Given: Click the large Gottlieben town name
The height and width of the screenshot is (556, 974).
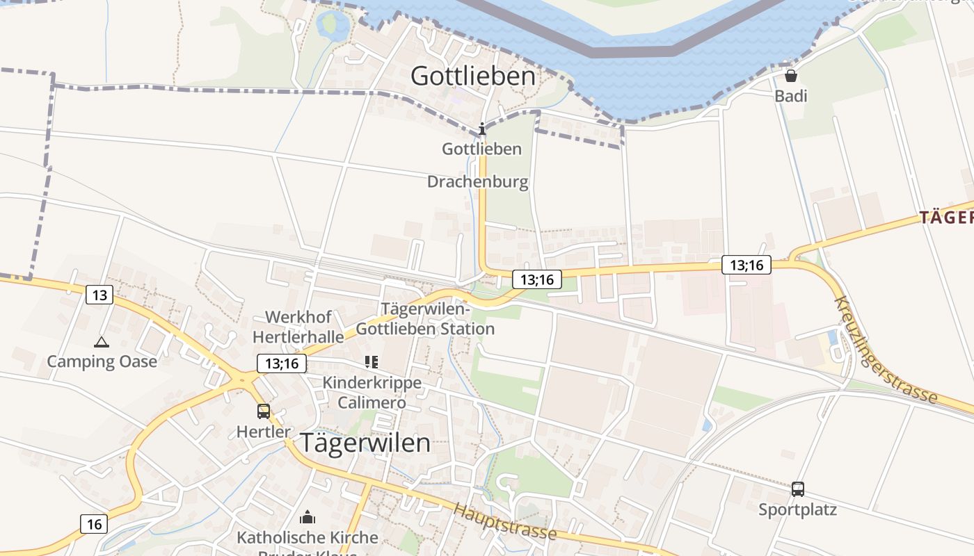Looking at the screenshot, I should pyautogui.click(x=473, y=76).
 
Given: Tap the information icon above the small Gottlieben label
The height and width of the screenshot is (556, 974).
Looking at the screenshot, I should pyautogui.click(x=481, y=129).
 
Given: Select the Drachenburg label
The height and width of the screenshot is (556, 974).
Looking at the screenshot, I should pyautogui.click(x=477, y=182).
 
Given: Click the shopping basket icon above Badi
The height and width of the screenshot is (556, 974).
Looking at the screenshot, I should pyautogui.click(x=791, y=75).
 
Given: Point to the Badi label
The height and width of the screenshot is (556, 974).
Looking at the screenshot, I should pyautogui.click(x=791, y=95).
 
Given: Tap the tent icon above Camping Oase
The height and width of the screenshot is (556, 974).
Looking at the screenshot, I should pyautogui.click(x=102, y=342).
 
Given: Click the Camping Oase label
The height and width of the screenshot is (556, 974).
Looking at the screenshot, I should pyautogui.click(x=102, y=361).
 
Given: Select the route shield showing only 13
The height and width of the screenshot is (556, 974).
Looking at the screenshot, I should pyautogui.click(x=99, y=295).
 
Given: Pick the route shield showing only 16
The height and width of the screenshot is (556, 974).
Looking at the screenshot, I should pyautogui.click(x=94, y=523).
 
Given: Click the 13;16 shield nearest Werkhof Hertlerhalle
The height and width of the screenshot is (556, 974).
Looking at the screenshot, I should pyautogui.click(x=282, y=363).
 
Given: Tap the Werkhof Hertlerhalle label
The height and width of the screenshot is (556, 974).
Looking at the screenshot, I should pyautogui.click(x=298, y=327).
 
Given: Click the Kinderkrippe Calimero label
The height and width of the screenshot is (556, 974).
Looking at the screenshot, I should pyautogui.click(x=372, y=393).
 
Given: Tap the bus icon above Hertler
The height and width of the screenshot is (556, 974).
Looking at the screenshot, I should pyautogui.click(x=263, y=411).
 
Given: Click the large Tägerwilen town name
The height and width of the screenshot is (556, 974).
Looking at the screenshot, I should pyautogui.click(x=365, y=443).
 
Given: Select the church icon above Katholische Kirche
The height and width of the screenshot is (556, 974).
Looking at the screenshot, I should pyautogui.click(x=307, y=517).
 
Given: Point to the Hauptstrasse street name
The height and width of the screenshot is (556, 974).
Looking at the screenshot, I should pyautogui.click(x=504, y=521).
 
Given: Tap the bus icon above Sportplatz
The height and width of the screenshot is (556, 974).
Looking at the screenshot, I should pyautogui.click(x=797, y=489).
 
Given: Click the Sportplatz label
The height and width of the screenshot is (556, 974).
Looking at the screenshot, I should pyautogui.click(x=797, y=509).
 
